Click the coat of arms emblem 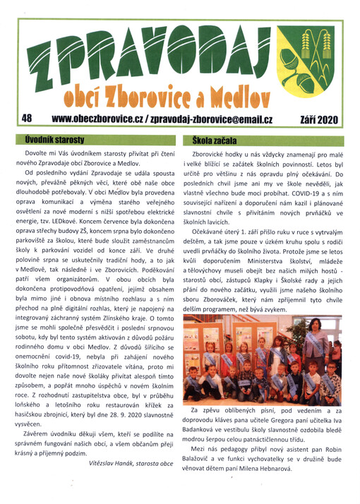pyautogui.click(x=317, y=56)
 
